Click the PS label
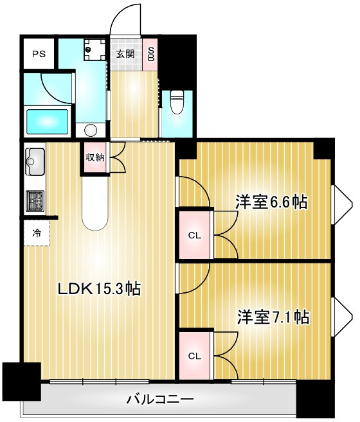[x=39, y=54]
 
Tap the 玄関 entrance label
[x=125, y=54]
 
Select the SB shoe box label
[x=151, y=54]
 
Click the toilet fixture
[x=177, y=102]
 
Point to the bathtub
[x=48, y=121]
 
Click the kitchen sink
[x=35, y=161]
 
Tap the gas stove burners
[x=35, y=201]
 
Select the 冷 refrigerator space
[x=37, y=233]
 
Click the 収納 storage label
[x=95, y=157]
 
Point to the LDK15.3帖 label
[x=100, y=289]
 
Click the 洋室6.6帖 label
[x=272, y=202]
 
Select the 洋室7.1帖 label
[x=273, y=317]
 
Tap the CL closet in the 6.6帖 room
[x=195, y=236]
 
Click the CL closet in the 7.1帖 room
[x=195, y=356]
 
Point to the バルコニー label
[x=160, y=399]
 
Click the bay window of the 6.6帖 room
[x=343, y=204]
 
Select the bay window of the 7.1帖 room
[x=343, y=317]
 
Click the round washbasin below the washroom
[x=91, y=130]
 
